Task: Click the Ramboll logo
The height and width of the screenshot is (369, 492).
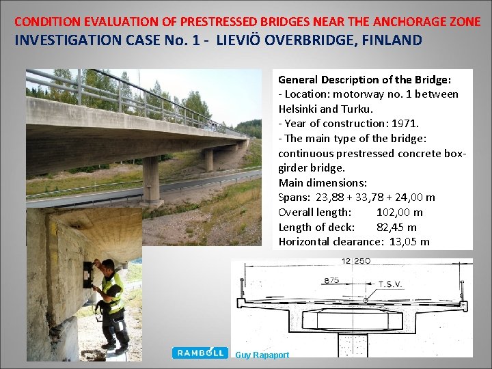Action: [x=200, y=353]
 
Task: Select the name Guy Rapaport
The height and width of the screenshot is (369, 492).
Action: [x=262, y=355]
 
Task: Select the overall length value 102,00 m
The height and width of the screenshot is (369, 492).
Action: [x=399, y=213]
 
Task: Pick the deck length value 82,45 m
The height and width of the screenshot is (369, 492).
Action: [x=396, y=227]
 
